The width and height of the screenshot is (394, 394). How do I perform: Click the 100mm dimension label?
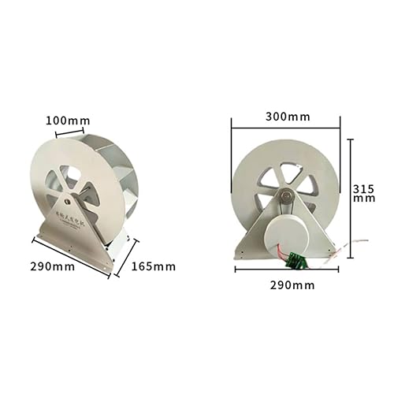(68, 121)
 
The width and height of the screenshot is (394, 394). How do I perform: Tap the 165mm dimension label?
(154, 266)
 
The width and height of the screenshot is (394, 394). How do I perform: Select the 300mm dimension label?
(288, 117)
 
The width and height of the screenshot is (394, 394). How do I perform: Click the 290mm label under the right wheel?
(288, 284)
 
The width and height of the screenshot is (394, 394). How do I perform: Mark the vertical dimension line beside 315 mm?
(351, 193)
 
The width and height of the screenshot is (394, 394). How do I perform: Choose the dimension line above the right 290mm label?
(287, 269)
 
